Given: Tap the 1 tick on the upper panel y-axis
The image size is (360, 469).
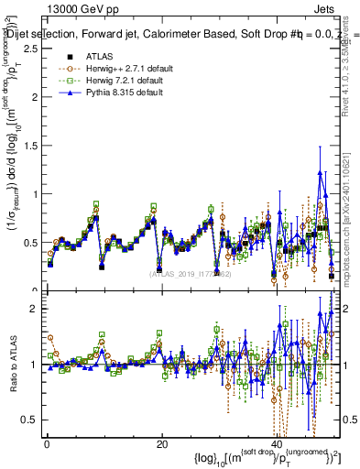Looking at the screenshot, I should (x=35, y=194).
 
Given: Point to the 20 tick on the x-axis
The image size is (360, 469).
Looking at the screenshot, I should (x=161, y=443).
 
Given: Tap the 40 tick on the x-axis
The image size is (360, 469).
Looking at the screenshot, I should (x=277, y=443).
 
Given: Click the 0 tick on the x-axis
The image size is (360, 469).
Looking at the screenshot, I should (x=46, y=443).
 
